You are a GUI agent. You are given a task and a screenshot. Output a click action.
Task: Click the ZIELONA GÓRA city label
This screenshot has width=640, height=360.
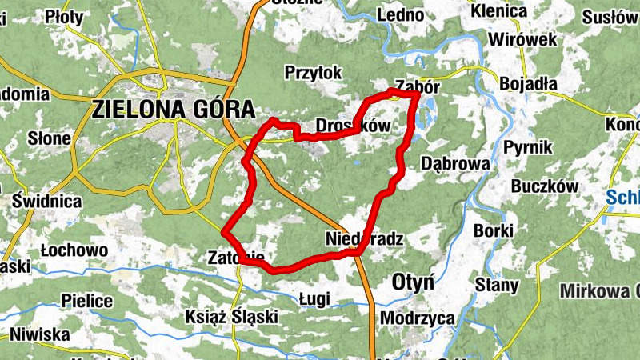(x=174, y=109)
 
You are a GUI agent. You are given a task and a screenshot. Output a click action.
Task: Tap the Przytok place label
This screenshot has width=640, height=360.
(x=313, y=73)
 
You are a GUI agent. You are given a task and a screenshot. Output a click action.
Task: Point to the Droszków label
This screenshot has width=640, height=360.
(x=352, y=126)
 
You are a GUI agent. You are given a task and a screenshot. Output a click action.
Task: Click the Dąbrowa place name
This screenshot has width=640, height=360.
(x=454, y=163)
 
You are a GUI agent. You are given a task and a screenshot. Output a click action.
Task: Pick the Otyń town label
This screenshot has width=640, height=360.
(x=413, y=282)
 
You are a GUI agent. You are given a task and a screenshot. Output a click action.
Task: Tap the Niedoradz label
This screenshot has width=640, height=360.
(x=364, y=238)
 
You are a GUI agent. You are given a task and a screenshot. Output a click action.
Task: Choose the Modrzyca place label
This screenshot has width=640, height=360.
(x=418, y=318)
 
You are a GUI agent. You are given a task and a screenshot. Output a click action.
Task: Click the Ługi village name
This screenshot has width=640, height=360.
(x=314, y=298)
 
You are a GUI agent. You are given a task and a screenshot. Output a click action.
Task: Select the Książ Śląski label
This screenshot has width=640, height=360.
(x=231, y=316)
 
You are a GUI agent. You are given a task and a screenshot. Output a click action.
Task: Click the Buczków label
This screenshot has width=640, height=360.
(x=544, y=186)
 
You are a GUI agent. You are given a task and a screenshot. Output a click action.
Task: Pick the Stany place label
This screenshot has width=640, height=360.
(x=497, y=284)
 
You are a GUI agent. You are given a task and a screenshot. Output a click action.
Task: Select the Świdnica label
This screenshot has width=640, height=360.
(x=46, y=201)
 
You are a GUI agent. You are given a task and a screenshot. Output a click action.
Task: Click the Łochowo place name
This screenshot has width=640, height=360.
(x=74, y=250)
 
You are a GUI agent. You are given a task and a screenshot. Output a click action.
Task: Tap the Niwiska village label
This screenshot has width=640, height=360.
(x=40, y=334)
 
